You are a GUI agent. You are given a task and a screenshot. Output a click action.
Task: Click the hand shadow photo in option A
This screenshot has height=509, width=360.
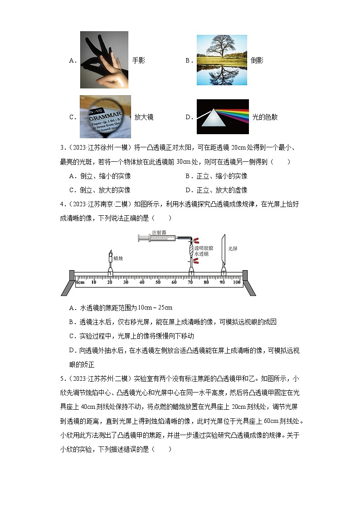(x=104, y=59)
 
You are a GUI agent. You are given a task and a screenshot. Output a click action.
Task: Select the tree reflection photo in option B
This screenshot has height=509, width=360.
(x=222, y=60)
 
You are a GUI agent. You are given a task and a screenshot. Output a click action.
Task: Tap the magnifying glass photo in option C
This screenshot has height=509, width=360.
(x=105, y=116)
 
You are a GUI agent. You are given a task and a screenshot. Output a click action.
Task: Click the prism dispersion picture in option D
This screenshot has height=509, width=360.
(x=223, y=116)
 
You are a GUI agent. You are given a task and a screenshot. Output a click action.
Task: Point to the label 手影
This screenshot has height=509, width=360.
(x=138, y=60)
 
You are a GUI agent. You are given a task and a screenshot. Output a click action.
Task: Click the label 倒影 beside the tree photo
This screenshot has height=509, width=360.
(x=257, y=60)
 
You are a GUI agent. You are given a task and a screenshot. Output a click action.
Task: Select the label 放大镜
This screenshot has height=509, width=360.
(x=144, y=117)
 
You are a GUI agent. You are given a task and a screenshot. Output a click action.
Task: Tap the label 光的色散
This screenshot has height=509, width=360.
(x=265, y=117)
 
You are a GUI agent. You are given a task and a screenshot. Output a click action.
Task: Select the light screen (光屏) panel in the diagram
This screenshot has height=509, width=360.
(x=223, y=254)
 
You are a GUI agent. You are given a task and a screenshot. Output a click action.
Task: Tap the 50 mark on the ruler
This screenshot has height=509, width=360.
(x=158, y=282)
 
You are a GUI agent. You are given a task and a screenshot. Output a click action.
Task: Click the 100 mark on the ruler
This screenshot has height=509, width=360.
(x=236, y=282)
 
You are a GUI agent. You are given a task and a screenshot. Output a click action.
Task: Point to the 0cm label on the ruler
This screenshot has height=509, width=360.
(x=80, y=282)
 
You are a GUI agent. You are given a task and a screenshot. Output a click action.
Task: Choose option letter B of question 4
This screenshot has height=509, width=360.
(x=71, y=322)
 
